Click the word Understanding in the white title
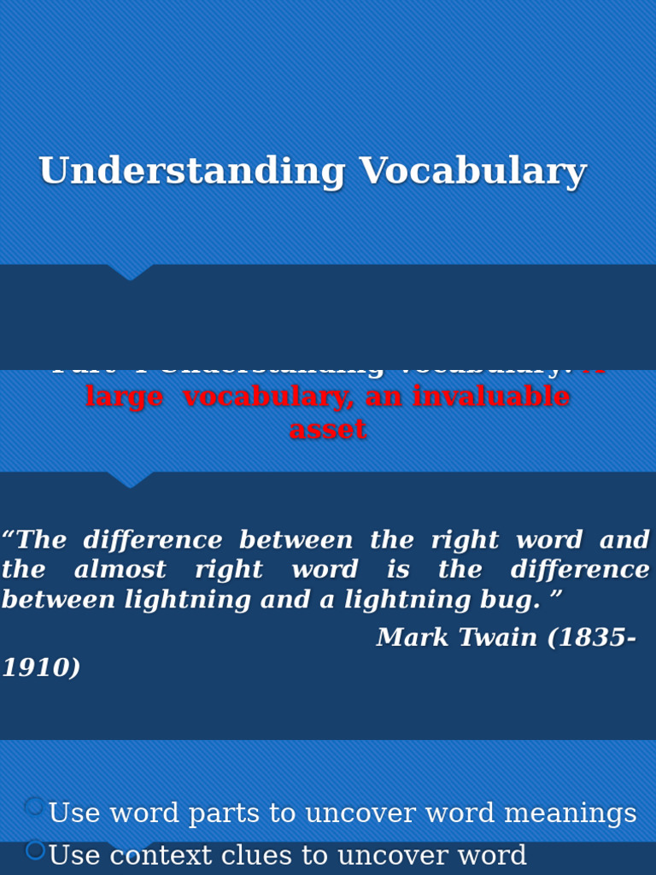(191, 172)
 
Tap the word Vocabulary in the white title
(472, 172)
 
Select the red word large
(124, 397)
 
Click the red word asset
(328, 430)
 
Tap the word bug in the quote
(519, 600)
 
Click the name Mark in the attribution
(409, 637)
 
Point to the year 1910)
(41, 668)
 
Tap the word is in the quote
(398, 570)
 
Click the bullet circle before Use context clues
(35, 850)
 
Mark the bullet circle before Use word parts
(35, 807)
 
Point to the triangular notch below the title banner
(130, 273)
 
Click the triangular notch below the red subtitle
(130, 480)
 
